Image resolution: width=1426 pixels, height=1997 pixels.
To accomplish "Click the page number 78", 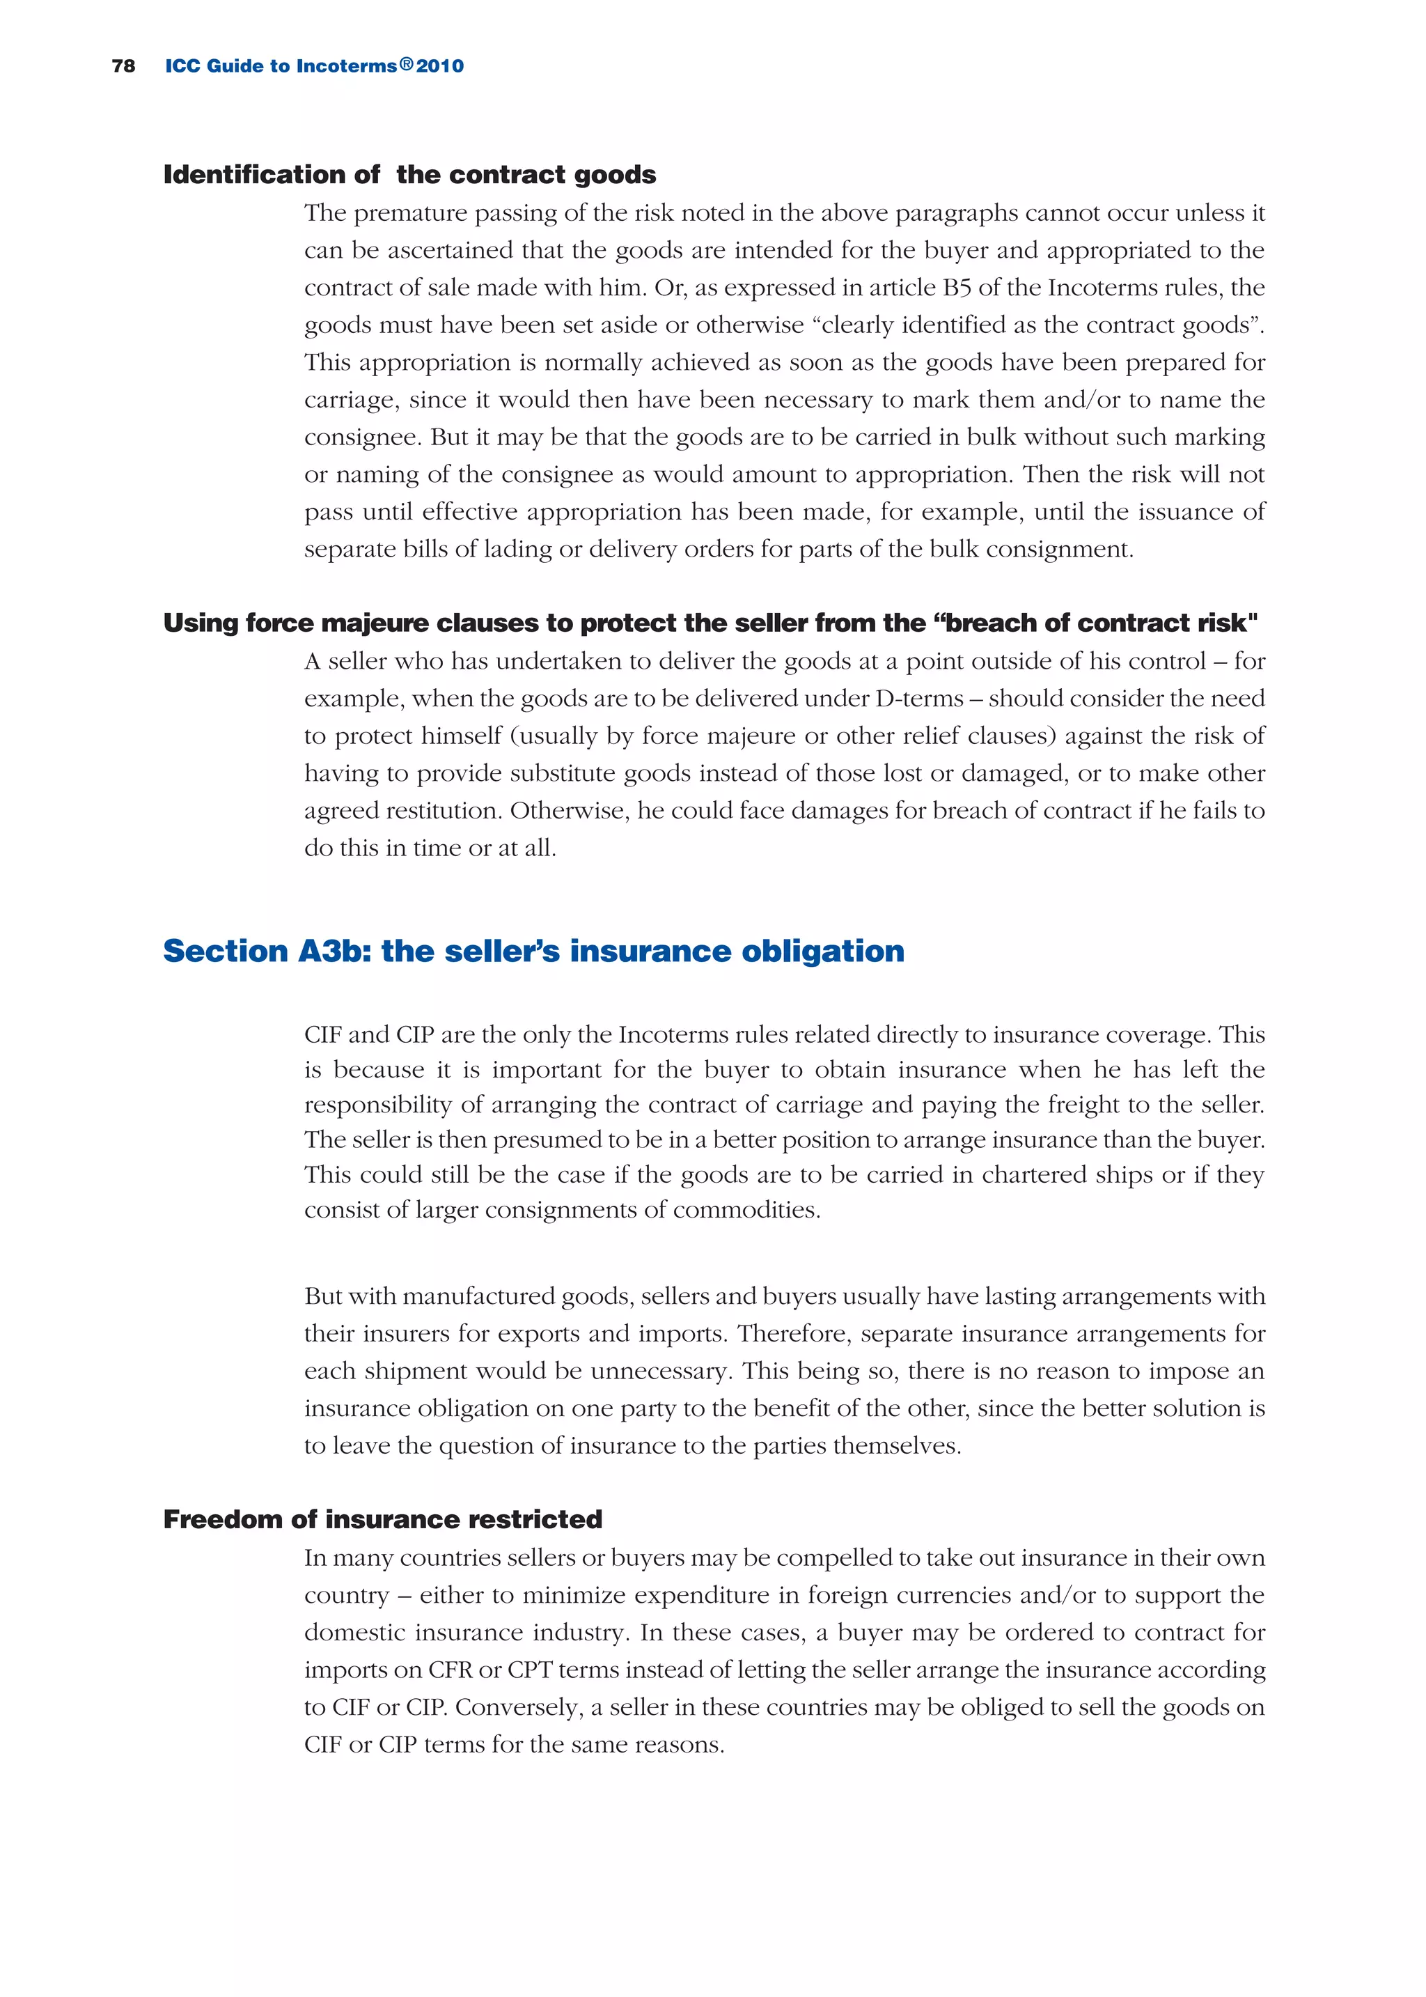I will (x=124, y=66).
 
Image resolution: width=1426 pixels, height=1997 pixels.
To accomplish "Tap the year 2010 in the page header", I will (x=440, y=66).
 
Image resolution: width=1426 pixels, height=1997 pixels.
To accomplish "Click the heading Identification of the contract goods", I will (x=409, y=175).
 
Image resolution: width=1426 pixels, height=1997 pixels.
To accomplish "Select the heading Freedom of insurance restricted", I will (x=383, y=1519).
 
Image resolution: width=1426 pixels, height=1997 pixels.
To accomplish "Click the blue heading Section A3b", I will (x=533, y=951).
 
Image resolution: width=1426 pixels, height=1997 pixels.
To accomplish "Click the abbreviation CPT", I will (x=529, y=1670).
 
